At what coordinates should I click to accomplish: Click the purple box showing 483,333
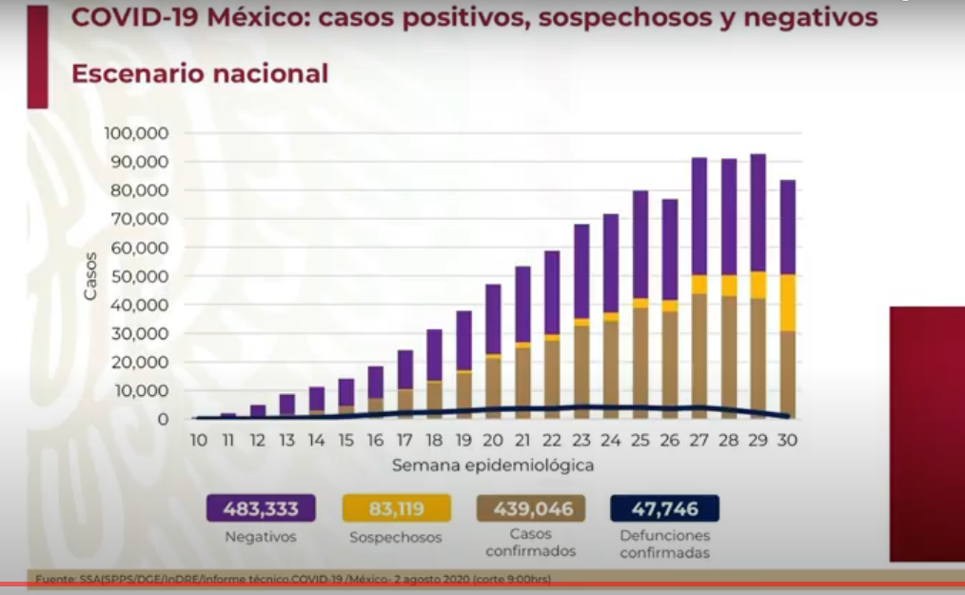pyautogui.click(x=260, y=508)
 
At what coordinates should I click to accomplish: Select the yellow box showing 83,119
pyautogui.click(x=395, y=508)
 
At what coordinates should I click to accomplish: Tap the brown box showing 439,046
pyautogui.click(x=531, y=508)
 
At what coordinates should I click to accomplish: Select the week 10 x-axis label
pyautogui.click(x=199, y=441)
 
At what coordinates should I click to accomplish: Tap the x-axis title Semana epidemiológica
pyautogui.click(x=493, y=466)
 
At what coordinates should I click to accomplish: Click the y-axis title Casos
pyautogui.click(x=90, y=276)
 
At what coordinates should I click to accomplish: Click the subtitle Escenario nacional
pyautogui.click(x=200, y=73)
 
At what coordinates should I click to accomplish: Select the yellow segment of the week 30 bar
pyautogui.click(x=787, y=303)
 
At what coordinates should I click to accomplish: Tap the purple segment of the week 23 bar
pyautogui.click(x=581, y=271)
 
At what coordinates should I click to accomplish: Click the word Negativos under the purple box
pyautogui.click(x=260, y=537)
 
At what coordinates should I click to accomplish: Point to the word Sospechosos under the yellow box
pyautogui.click(x=395, y=537)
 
